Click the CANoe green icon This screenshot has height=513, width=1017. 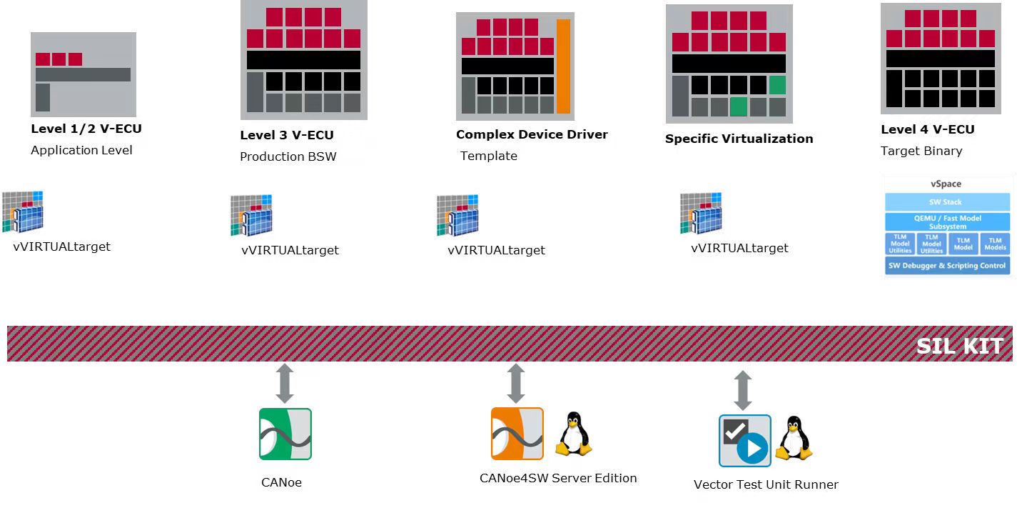coord(285,434)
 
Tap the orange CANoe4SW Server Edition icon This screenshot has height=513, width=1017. coord(517,434)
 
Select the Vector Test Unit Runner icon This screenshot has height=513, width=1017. coord(744,441)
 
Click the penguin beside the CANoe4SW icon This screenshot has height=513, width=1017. coord(574,434)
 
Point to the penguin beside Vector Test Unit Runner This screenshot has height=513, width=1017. coord(794,438)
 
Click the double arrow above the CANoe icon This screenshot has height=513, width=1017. coord(285,383)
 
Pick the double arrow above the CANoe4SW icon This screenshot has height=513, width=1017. coord(515,383)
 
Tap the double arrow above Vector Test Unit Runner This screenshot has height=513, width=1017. coord(743,389)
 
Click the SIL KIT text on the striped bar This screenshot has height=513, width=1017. coord(960,346)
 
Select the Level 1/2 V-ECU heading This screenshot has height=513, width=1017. coord(86,129)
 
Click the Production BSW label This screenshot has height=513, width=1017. coord(288,156)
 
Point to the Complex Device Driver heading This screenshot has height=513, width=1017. coord(532,134)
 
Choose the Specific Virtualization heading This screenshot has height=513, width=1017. coord(739,139)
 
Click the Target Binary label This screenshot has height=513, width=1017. coord(921,151)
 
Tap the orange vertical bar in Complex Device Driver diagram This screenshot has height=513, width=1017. coord(563,66)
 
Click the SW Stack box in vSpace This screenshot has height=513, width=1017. coord(946,202)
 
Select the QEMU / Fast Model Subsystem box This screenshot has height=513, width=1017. coord(947,221)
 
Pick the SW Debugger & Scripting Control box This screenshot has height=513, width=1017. coord(947,266)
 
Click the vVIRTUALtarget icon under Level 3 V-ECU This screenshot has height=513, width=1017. coord(252,215)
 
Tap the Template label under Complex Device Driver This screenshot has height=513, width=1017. coord(489,156)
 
